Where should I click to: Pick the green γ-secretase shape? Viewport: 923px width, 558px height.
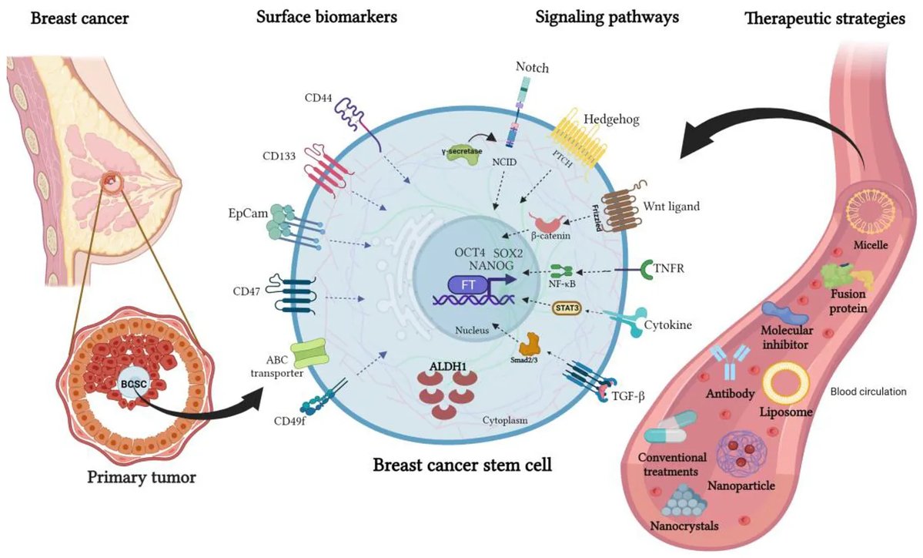[x=460, y=153]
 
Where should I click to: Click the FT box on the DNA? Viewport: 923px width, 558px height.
[x=468, y=285]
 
